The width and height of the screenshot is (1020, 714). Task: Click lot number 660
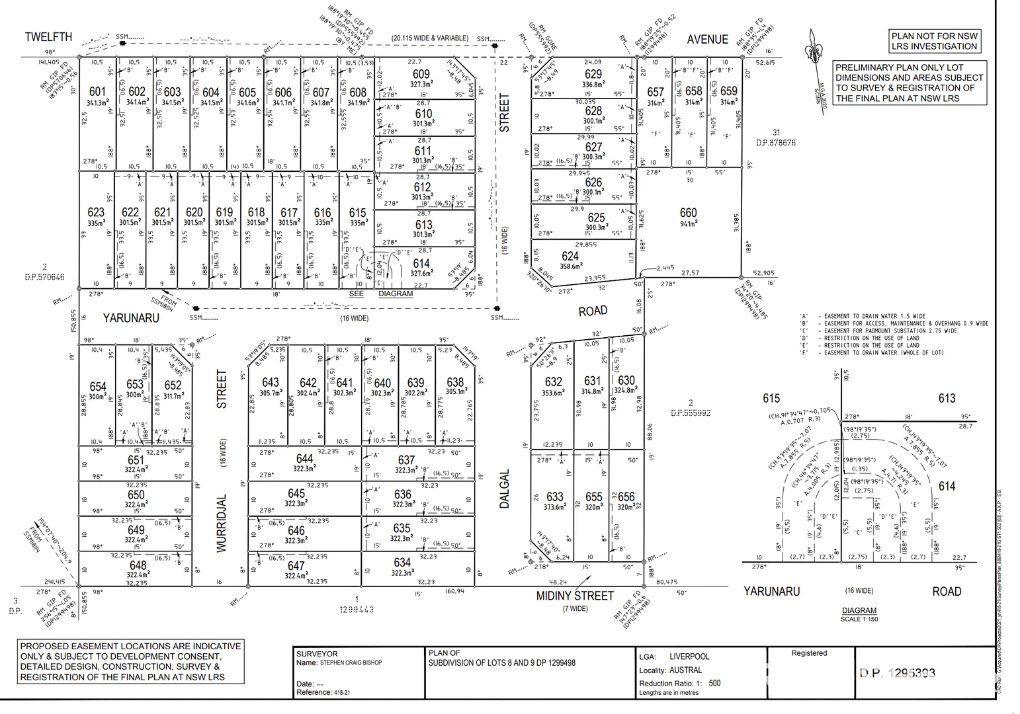click(x=688, y=213)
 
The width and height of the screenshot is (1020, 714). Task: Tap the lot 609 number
click(x=421, y=75)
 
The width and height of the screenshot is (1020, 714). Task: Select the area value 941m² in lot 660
click(x=689, y=224)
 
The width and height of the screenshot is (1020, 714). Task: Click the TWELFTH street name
click(x=48, y=37)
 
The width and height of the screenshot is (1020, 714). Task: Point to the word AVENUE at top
click(x=707, y=40)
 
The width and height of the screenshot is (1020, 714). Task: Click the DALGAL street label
click(x=505, y=488)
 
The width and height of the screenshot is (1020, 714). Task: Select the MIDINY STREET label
click(x=575, y=596)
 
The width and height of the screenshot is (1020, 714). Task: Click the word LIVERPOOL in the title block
click(x=689, y=656)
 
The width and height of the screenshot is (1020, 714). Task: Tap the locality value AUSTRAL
click(x=685, y=670)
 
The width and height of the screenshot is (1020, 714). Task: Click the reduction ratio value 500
click(x=714, y=683)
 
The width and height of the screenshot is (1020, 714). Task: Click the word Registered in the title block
click(x=809, y=653)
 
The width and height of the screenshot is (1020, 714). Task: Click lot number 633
click(x=554, y=496)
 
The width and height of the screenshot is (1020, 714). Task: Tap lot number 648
click(x=138, y=565)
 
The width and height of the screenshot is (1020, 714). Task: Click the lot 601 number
click(x=97, y=92)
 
